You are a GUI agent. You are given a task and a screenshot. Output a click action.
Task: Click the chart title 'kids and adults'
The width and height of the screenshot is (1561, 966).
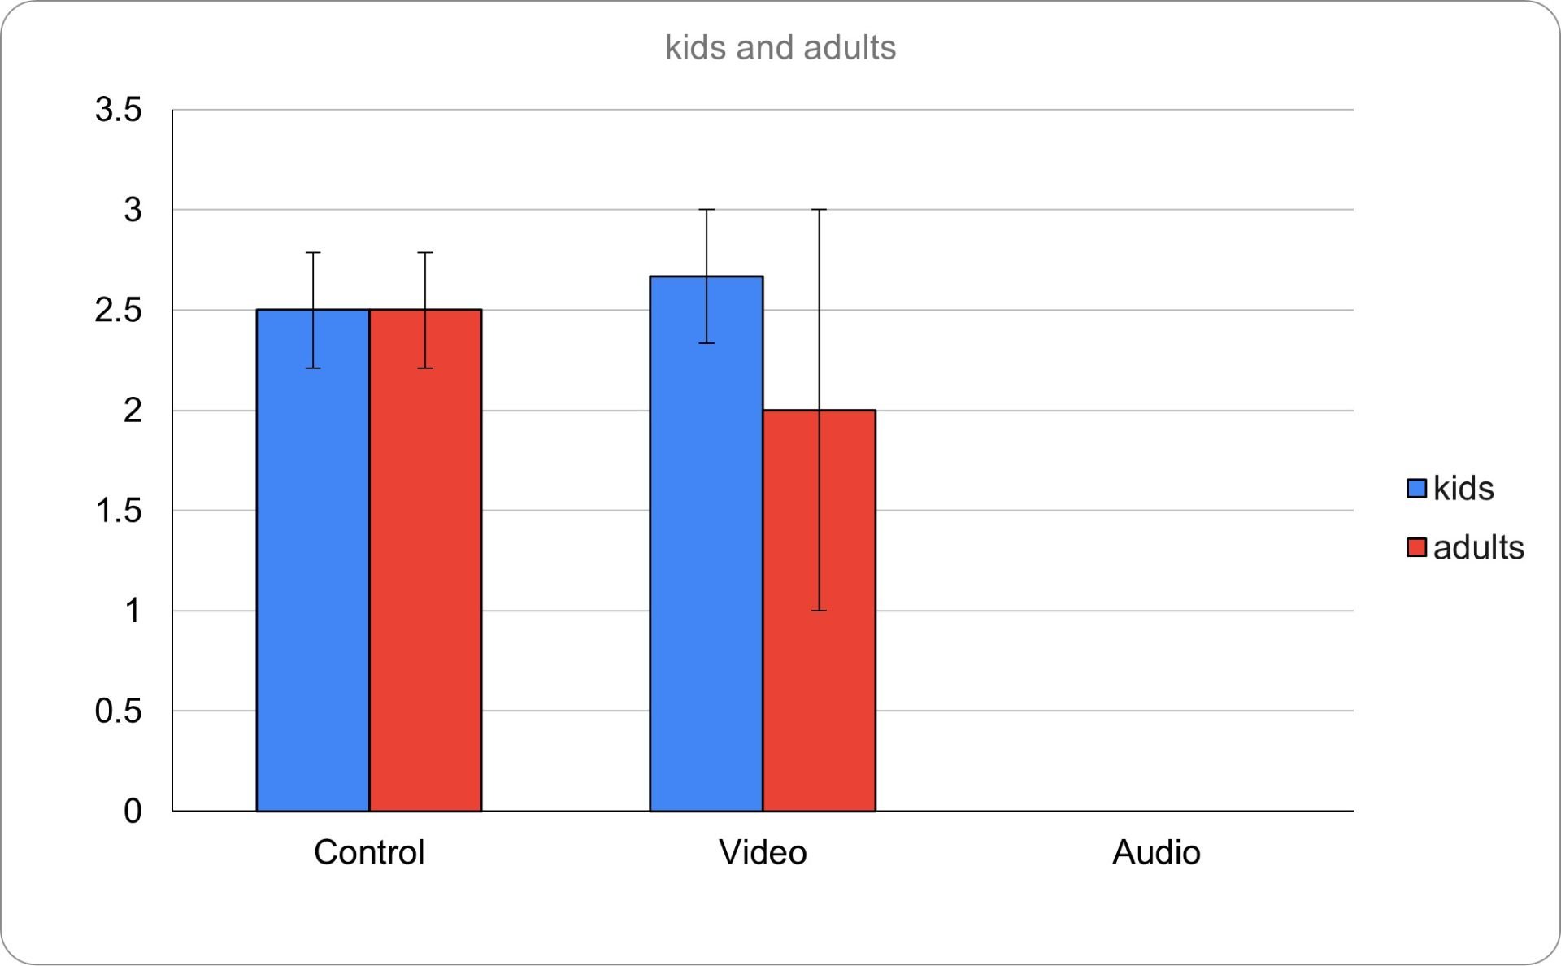click(780, 48)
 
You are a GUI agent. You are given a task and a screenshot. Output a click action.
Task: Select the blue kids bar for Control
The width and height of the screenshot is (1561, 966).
click(313, 569)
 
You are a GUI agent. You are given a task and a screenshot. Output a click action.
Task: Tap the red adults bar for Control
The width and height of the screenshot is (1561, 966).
click(425, 569)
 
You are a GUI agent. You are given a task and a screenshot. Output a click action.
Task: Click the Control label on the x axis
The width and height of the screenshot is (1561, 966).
click(369, 852)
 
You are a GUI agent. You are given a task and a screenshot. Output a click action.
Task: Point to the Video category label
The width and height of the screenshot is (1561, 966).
click(763, 852)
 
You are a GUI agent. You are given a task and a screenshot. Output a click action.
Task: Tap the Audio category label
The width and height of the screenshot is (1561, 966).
click(1156, 852)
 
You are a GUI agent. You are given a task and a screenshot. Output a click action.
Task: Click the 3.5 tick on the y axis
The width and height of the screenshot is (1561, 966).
click(119, 110)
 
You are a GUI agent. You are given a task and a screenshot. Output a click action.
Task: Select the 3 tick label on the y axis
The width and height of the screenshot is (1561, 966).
click(133, 210)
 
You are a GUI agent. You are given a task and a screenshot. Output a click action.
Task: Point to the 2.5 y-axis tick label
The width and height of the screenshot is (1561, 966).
click(119, 310)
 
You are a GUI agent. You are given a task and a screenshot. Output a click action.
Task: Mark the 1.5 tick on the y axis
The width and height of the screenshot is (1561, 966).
click(119, 511)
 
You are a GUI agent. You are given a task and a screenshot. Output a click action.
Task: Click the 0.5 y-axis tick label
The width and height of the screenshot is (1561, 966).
click(119, 711)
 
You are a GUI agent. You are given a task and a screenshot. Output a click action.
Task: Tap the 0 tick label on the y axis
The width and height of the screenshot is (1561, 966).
click(133, 811)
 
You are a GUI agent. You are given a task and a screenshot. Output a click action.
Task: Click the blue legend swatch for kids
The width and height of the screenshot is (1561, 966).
click(1416, 488)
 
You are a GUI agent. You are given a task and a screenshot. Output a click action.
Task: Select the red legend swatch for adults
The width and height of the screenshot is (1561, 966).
click(1416, 547)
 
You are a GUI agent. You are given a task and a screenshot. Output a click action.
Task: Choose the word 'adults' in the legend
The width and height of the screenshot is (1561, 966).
click(1478, 547)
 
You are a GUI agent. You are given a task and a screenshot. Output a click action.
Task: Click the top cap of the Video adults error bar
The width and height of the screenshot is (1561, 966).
click(819, 210)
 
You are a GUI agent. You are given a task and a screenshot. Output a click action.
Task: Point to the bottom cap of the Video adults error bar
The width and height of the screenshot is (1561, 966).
click(819, 611)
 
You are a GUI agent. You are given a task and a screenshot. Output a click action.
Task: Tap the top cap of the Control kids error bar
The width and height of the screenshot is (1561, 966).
click(313, 253)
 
